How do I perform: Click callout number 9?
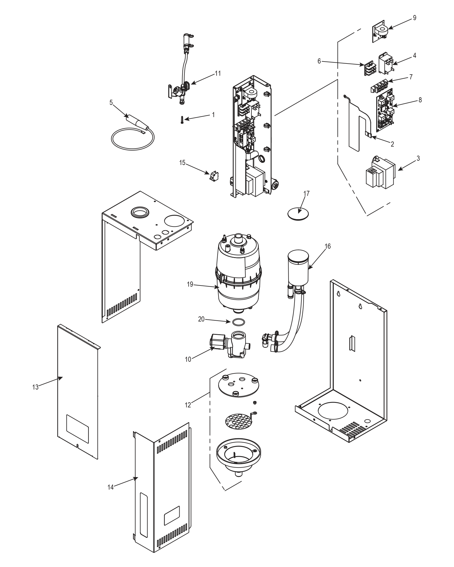click(x=415, y=18)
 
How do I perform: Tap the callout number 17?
click(x=306, y=193)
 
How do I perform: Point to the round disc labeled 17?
click(x=298, y=213)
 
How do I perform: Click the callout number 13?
click(x=35, y=387)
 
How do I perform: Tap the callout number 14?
click(x=110, y=487)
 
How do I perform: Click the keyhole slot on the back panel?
click(x=360, y=307)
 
